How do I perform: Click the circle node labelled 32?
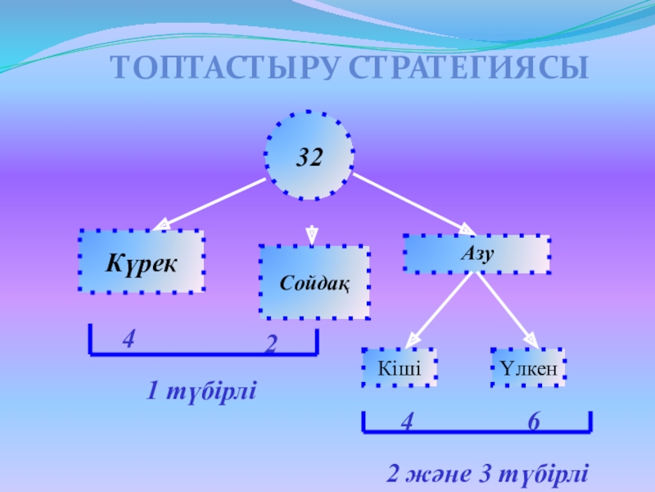pyautogui.click(x=309, y=156)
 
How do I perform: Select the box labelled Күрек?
pyautogui.click(x=142, y=262)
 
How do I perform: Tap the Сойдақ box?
pyautogui.click(x=314, y=281)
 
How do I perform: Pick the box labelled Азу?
pyautogui.click(x=476, y=254)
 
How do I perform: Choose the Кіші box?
pyautogui.click(x=400, y=367)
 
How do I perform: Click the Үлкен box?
pyautogui.click(x=528, y=367)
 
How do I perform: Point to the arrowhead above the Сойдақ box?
pyautogui.click(x=312, y=234)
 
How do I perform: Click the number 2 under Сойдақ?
pyautogui.click(x=271, y=346)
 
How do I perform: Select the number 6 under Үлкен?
pyautogui.click(x=533, y=422)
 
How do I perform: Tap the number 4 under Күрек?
pyautogui.click(x=129, y=338)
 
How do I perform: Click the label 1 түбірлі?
pyautogui.click(x=201, y=392)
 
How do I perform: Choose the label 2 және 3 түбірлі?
pyautogui.click(x=486, y=475)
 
